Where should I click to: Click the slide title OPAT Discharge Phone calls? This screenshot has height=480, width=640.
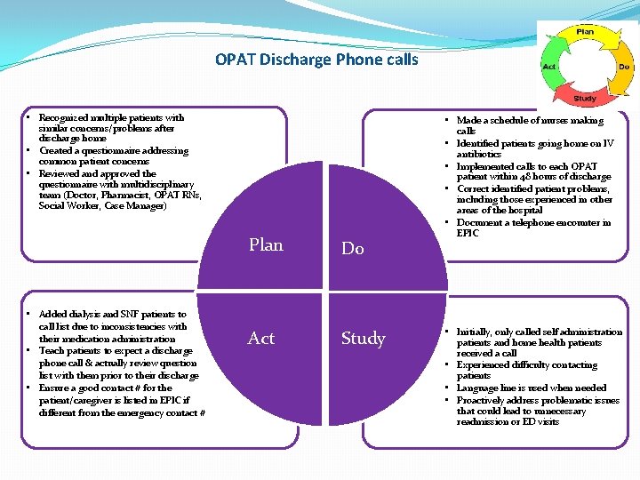click(x=316, y=60)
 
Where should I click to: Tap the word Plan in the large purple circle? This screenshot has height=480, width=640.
click(x=266, y=245)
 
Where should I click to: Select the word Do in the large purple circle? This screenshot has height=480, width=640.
click(x=353, y=249)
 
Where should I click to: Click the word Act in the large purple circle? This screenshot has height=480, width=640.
click(x=261, y=339)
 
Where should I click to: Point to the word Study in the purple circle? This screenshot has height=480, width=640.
click(x=364, y=339)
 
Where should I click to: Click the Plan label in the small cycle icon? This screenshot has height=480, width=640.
click(x=585, y=31)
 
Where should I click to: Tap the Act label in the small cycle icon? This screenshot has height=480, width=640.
click(x=549, y=67)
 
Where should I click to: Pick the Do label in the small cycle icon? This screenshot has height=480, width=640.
click(x=624, y=67)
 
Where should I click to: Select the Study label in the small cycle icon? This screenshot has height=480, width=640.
click(x=585, y=99)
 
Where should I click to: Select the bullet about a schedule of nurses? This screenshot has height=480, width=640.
click(x=530, y=125)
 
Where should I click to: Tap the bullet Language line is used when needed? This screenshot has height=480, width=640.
click(x=532, y=388)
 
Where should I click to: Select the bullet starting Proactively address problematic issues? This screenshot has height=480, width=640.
click(x=538, y=411)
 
